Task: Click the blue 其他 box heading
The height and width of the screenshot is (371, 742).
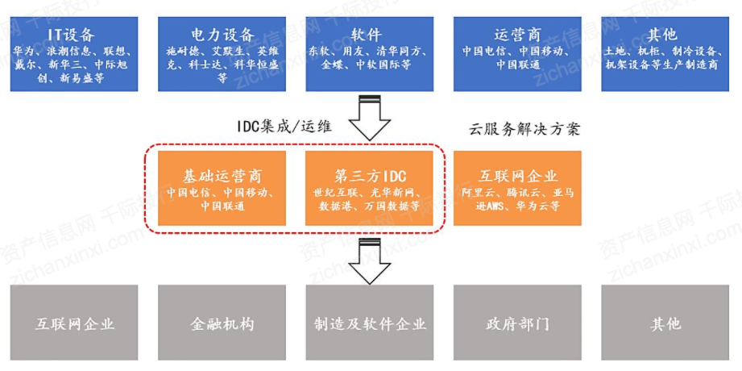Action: [x=662, y=35]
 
